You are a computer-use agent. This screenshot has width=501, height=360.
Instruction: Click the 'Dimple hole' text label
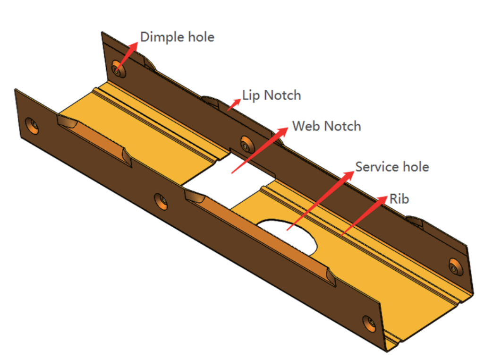coord(177,37)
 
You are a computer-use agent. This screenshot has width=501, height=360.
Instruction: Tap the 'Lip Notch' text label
coord(272,95)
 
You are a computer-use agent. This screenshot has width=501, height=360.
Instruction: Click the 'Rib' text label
coord(399,199)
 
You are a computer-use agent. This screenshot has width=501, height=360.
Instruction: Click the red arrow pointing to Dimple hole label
coord(128,54)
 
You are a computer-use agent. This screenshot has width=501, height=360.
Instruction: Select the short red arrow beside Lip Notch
coord(234,104)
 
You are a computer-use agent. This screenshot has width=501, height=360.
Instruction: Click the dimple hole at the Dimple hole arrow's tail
coord(117,69)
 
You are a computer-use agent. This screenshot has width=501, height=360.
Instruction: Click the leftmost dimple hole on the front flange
coord(32,125)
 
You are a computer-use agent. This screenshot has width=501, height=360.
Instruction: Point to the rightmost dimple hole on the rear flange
coord(455,266)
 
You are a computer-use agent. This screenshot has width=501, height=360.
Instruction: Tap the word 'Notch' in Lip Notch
coord(282,95)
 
